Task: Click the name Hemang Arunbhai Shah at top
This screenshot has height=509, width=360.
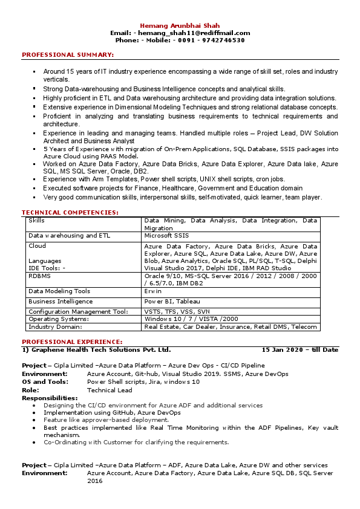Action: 180,25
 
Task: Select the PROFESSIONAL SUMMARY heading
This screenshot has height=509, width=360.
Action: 68,55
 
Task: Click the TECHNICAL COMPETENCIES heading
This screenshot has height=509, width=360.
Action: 70,212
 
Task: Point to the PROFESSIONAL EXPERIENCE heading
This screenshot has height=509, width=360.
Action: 72,342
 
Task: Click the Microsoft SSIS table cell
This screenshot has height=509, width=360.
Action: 166,235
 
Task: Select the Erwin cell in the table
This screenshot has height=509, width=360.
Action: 152,291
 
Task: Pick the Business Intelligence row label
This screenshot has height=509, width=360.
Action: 61,301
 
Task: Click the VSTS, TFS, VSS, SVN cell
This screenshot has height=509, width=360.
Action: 177,311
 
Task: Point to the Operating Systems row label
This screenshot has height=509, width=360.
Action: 59,319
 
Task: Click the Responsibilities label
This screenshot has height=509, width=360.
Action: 50,398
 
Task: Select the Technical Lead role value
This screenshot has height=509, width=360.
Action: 109,390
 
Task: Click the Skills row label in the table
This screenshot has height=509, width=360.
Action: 36,221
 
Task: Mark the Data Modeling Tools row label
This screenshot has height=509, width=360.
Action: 59,291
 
